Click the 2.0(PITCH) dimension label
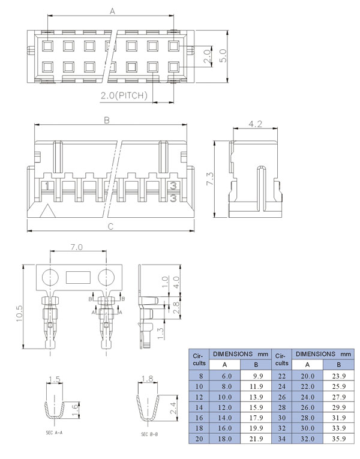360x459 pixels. (x=124, y=96)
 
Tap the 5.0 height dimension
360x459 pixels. (x=223, y=56)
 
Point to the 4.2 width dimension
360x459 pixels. (x=255, y=124)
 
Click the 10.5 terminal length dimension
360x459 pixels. (x=19, y=314)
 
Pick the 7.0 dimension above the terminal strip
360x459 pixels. (x=76, y=247)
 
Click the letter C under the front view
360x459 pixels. (x=110, y=227)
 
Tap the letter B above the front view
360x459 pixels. (x=107, y=121)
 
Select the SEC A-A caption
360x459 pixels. (x=54, y=433)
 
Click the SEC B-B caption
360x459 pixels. (x=149, y=434)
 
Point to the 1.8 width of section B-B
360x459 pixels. (x=147, y=379)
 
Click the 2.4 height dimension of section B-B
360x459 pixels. (x=173, y=408)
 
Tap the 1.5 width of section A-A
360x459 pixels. (x=55, y=380)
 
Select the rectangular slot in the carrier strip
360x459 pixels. (x=78, y=277)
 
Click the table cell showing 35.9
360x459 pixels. (x=338, y=439)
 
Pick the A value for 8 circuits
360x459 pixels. (x=225, y=376)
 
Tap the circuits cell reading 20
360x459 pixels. (x=199, y=439)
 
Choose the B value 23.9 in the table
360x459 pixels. (x=338, y=376)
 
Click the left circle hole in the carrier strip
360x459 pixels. (x=50, y=277)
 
